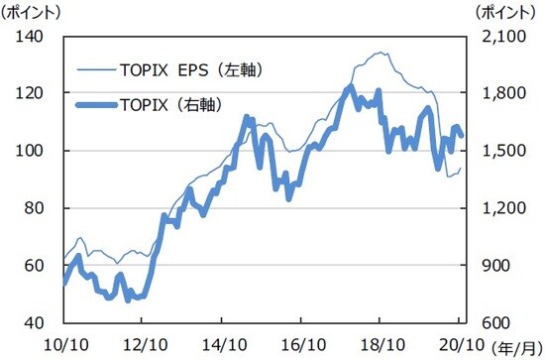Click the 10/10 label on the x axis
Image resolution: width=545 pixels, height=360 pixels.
pyautogui.click(x=64, y=344)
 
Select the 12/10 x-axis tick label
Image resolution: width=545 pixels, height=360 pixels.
pyautogui.click(x=144, y=344)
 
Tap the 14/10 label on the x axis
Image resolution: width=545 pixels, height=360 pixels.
pyautogui.click(x=222, y=344)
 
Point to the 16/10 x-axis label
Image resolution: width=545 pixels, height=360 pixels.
pyautogui.click(x=301, y=344)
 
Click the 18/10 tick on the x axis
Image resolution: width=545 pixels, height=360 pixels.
pyautogui.click(x=380, y=344)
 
